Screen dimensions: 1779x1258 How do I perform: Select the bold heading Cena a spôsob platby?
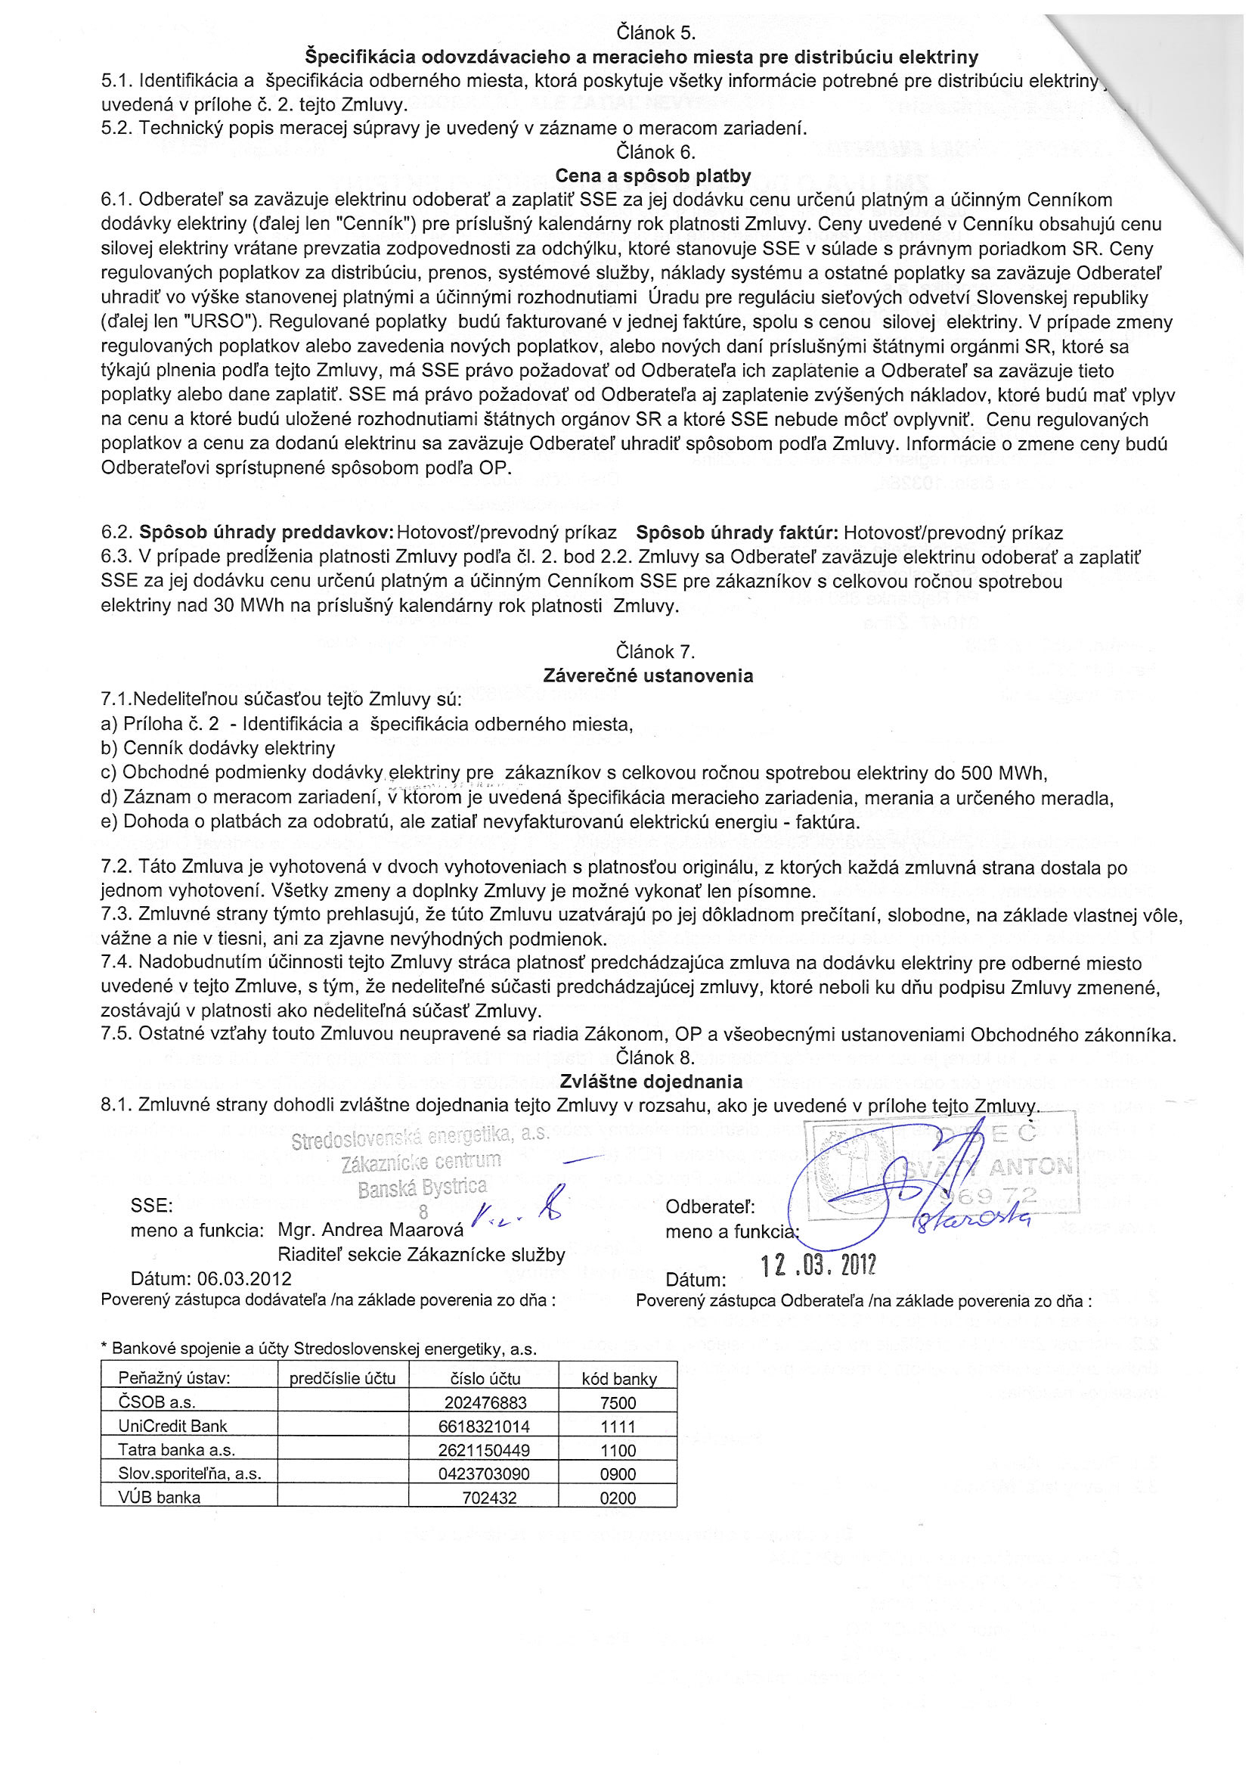[x=652, y=176]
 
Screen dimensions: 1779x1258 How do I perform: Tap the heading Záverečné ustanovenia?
[x=648, y=675]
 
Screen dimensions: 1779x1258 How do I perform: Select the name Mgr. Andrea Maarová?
[x=370, y=1230]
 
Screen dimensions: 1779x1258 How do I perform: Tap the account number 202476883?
[x=485, y=1403]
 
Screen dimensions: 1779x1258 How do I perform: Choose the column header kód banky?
[x=619, y=1379]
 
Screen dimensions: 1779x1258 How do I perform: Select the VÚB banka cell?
[x=160, y=1498]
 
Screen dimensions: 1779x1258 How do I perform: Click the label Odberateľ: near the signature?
[x=710, y=1207]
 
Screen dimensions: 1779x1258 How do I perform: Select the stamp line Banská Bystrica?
[x=422, y=1187]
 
